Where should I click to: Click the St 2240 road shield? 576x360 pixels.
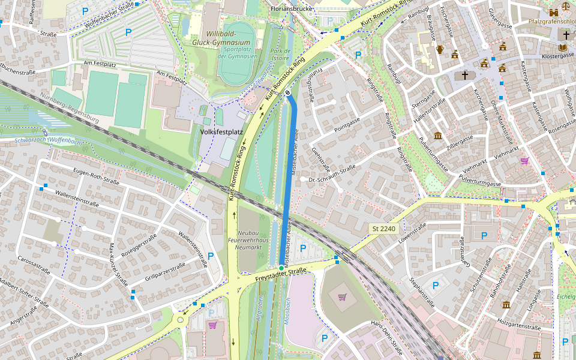point(385,229)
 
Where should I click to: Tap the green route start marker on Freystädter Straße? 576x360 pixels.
point(281,267)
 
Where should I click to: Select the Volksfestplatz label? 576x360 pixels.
point(221,130)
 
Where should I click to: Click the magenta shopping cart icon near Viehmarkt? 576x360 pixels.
point(524,161)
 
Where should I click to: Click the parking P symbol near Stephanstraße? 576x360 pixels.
point(436,286)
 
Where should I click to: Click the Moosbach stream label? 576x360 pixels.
point(288,311)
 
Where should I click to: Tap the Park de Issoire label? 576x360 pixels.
point(280,55)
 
